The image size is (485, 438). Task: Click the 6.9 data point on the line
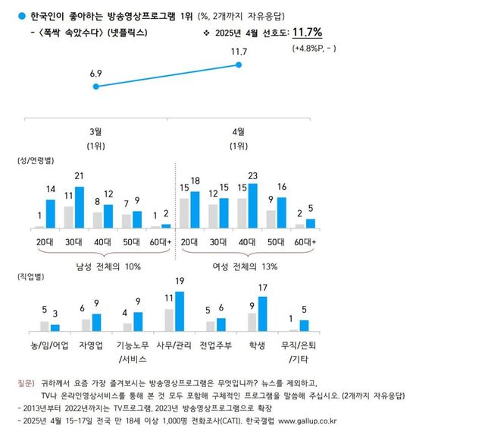click(x=95, y=87)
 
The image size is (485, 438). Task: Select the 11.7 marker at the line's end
click(x=239, y=66)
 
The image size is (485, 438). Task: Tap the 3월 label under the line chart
click(x=95, y=131)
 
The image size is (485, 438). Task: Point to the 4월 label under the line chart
click(x=239, y=131)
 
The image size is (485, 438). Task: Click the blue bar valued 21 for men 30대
click(x=79, y=207)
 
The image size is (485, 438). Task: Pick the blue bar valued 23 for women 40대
click(x=253, y=206)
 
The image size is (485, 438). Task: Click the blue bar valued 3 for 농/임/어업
click(x=55, y=328)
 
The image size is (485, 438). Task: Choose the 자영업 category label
click(x=91, y=345)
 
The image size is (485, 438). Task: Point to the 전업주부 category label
click(x=216, y=345)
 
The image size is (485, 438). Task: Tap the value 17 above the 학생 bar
click(x=262, y=288)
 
